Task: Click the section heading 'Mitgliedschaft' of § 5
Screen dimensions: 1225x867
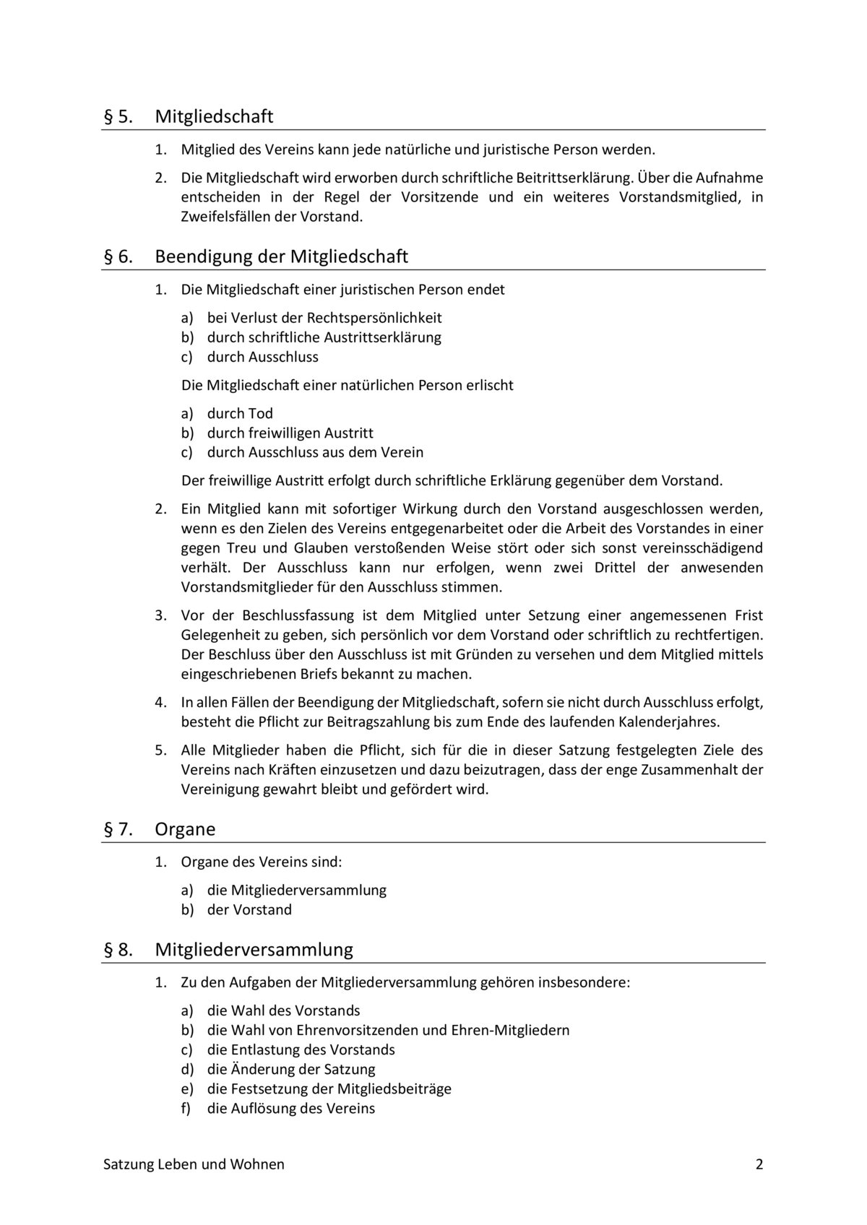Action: point(214,116)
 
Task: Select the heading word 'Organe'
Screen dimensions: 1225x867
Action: point(185,829)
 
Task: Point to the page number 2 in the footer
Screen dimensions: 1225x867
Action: point(759,1164)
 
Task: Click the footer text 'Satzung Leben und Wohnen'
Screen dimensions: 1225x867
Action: point(194,1164)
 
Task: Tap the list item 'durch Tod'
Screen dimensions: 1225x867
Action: point(240,413)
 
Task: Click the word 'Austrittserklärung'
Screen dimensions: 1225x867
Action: point(382,337)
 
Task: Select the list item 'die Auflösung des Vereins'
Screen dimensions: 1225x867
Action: point(290,1108)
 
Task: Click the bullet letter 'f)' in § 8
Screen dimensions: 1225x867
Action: point(186,1108)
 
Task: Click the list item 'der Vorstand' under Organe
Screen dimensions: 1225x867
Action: point(249,909)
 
